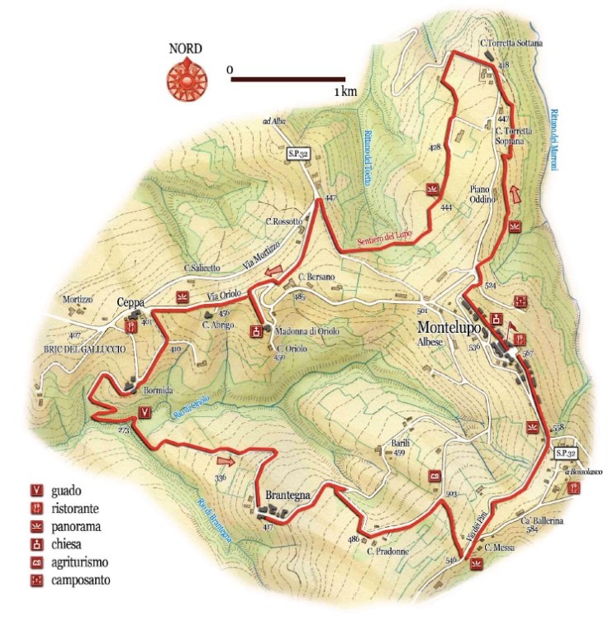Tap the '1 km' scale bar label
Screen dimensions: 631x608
pos(345,92)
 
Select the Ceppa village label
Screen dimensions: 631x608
pos(131,301)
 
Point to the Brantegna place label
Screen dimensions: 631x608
pos(287,496)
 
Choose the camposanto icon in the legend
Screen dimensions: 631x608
pos(36,580)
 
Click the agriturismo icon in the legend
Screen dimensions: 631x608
pos(36,562)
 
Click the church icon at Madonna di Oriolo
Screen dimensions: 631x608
pos(256,331)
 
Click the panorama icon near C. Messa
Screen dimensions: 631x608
pos(475,564)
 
